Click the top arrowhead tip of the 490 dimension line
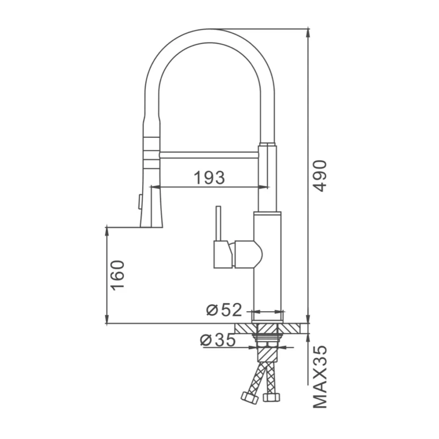point(308,29)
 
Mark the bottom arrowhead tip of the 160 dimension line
point(106,323)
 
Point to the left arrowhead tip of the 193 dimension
point(151,187)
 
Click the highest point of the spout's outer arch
point(210,29)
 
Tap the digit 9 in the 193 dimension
point(210,178)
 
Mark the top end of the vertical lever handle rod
point(218,206)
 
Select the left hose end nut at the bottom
point(249,399)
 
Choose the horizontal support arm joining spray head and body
point(209,155)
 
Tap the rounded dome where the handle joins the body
point(259,254)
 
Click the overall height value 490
point(319,176)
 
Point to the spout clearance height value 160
point(118,275)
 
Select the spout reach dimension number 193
point(209,178)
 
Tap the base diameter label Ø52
point(224,310)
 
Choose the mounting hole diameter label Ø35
point(218,340)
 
